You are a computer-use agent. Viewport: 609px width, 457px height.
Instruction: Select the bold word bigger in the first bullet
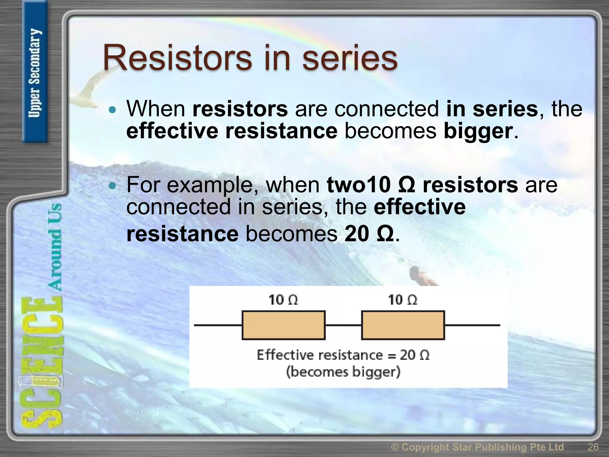pos(478,131)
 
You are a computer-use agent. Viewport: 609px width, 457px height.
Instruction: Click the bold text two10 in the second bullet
pos(358,185)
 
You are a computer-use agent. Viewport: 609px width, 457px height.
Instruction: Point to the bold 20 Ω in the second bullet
pos(369,234)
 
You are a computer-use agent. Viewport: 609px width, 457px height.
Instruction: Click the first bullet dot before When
pos(112,110)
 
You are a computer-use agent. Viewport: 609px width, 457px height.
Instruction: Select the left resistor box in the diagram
pos(283,325)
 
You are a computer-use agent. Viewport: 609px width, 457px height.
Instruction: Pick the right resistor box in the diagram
pos(403,325)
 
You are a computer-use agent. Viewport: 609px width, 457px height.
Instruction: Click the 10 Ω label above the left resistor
pos(283,300)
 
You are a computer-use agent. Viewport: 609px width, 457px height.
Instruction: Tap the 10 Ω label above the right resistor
pos(403,300)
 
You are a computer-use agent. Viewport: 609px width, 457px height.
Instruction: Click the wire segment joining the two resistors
pos(343,325)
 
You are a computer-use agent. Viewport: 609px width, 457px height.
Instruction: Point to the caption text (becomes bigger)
pos(343,372)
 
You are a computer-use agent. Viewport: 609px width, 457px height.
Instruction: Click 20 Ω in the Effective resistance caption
pos(415,355)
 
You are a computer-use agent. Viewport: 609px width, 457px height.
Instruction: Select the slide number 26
pos(593,447)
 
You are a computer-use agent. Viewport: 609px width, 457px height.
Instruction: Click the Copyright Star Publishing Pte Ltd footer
pos(477,447)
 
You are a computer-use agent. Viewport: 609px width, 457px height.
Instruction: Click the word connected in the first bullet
pos(387,109)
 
